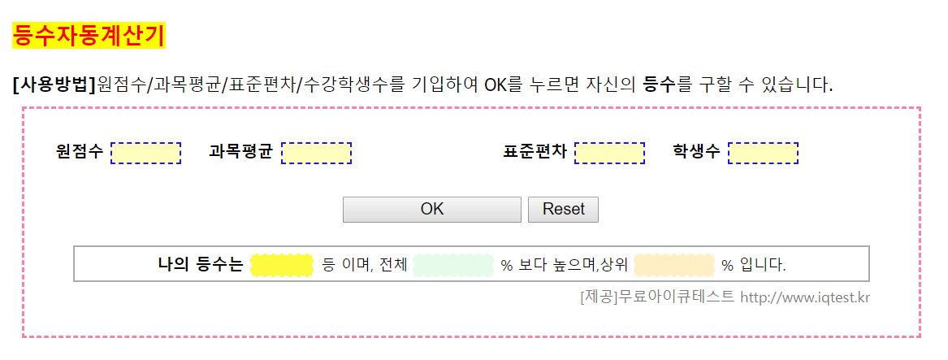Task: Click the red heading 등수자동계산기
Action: pos(89,36)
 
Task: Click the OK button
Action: pos(431,210)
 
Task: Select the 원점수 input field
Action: pos(145,153)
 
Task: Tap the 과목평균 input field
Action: pos(316,153)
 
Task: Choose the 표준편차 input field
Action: pos(609,153)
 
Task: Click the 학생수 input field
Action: pos(763,153)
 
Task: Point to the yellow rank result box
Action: pos(282,265)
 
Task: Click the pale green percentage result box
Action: pos(453,265)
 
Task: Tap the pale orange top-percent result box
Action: pos(674,265)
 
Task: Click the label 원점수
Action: pos(80,152)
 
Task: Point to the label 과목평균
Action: pos(240,152)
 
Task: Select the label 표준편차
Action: pos(535,152)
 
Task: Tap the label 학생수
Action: pos(696,152)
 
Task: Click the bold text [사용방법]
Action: pos(54,85)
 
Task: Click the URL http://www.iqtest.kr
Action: pos(805,298)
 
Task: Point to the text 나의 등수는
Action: pos(201,265)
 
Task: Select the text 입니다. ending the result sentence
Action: pos(763,265)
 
